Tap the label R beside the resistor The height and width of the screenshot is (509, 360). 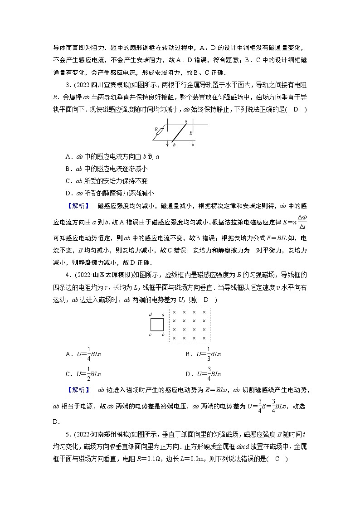(156, 129)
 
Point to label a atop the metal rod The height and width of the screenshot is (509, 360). (186, 121)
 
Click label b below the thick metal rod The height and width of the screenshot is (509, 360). (174, 145)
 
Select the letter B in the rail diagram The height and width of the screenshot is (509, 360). (191, 133)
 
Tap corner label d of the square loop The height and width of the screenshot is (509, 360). (150, 315)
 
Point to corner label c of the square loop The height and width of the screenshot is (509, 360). (150, 335)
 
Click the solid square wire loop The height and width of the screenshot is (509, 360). (157, 325)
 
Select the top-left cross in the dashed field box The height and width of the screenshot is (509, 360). (174, 312)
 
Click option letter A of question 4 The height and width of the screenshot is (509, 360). (68, 354)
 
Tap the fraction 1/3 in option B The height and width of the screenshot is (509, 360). (209, 354)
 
